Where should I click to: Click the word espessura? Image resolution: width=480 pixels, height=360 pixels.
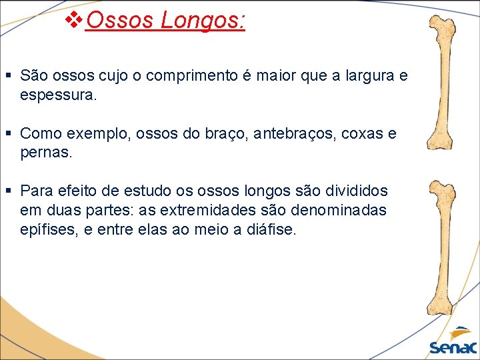click(59, 95)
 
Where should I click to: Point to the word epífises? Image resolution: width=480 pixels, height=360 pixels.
click(48, 230)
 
